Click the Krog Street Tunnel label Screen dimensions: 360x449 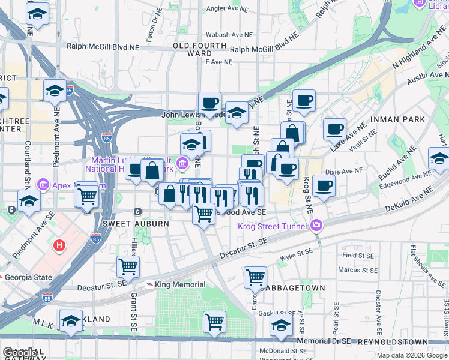coord(273,226)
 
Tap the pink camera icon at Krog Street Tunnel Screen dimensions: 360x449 coord(316,226)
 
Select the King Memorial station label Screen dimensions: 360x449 coord(180,284)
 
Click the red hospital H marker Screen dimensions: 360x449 coord(59,245)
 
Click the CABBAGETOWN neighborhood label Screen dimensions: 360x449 coord(295,288)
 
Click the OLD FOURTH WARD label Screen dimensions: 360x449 coord(192,49)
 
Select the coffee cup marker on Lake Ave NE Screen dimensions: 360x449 coord(334,128)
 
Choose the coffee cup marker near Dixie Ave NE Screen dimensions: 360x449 coord(324,186)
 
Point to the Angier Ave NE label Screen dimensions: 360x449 coord(223,8)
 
